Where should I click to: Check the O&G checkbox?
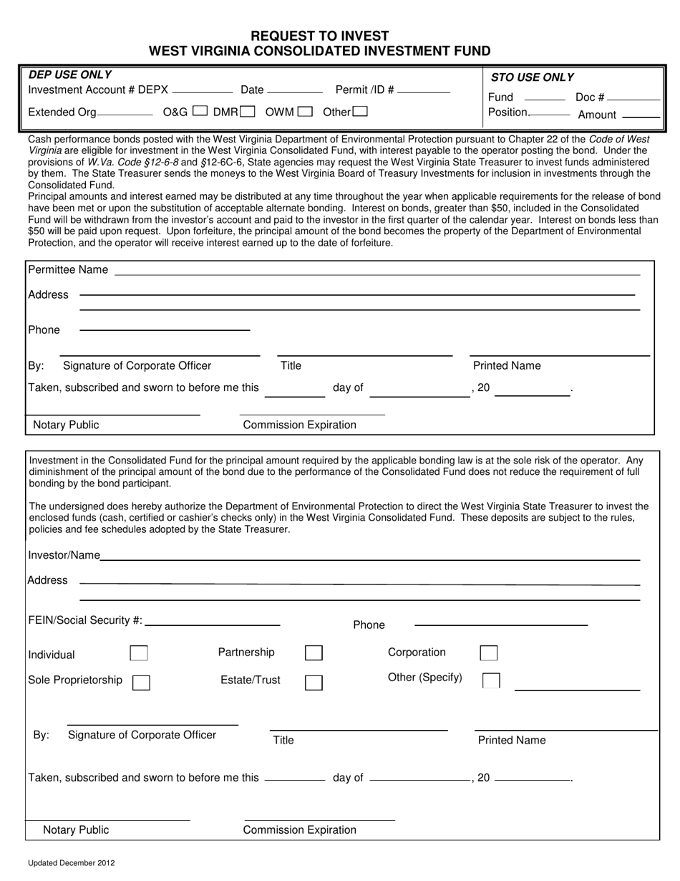[x=200, y=111]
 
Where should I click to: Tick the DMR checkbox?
[x=247, y=111]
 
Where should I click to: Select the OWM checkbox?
[x=304, y=111]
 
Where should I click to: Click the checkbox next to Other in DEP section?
[x=360, y=111]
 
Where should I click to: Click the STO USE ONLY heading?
[x=532, y=77]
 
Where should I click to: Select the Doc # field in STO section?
[x=633, y=98]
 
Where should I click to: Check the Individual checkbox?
[x=139, y=653]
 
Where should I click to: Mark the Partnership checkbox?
[x=314, y=653]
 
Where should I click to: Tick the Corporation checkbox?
[x=489, y=653]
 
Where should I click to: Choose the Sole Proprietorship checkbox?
[x=141, y=682]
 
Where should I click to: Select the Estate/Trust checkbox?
[x=314, y=682]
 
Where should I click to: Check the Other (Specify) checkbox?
[x=491, y=680]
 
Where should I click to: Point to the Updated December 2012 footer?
[x=71, y=863]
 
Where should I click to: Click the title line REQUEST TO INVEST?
[x=319, y=36]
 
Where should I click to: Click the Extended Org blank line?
[x=125, y=113]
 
